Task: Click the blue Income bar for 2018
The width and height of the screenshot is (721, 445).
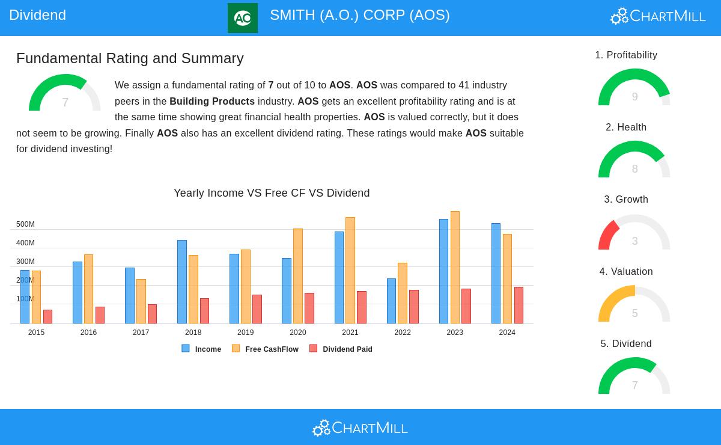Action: (x=182, y=281)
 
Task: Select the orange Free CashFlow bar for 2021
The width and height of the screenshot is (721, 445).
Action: (x=350, y=270)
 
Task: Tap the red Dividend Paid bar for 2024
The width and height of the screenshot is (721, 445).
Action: (x=519, y=305)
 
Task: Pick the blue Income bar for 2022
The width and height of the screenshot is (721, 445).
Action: (x=391, y=301)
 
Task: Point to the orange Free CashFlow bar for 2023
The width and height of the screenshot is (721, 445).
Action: (x=455, y=267)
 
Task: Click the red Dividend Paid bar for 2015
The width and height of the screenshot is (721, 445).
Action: (x=47, y=316)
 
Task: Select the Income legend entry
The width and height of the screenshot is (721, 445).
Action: (x=201, y=349)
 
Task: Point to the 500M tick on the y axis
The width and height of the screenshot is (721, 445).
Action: (x=25, y=224)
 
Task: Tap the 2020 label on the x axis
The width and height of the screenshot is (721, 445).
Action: (x=298, y=333)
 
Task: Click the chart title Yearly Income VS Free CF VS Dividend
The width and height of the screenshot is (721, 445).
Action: (x=272, y=193)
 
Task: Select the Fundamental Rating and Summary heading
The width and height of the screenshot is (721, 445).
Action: (x=130, y=58)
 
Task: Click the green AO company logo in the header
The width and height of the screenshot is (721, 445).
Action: (x=243, y=18)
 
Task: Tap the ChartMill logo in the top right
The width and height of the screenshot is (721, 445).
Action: (x=658, y=16)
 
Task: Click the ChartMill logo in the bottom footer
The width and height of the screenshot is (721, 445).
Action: (x=360, y=428)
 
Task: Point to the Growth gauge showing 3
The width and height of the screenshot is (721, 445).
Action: (x=634, y=233)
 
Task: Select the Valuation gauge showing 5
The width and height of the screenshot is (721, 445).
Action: (x=634, y=305)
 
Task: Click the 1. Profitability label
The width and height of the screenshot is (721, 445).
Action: (x=626, y=55)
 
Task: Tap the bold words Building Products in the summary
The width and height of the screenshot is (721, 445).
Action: (x=212, y=102)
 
